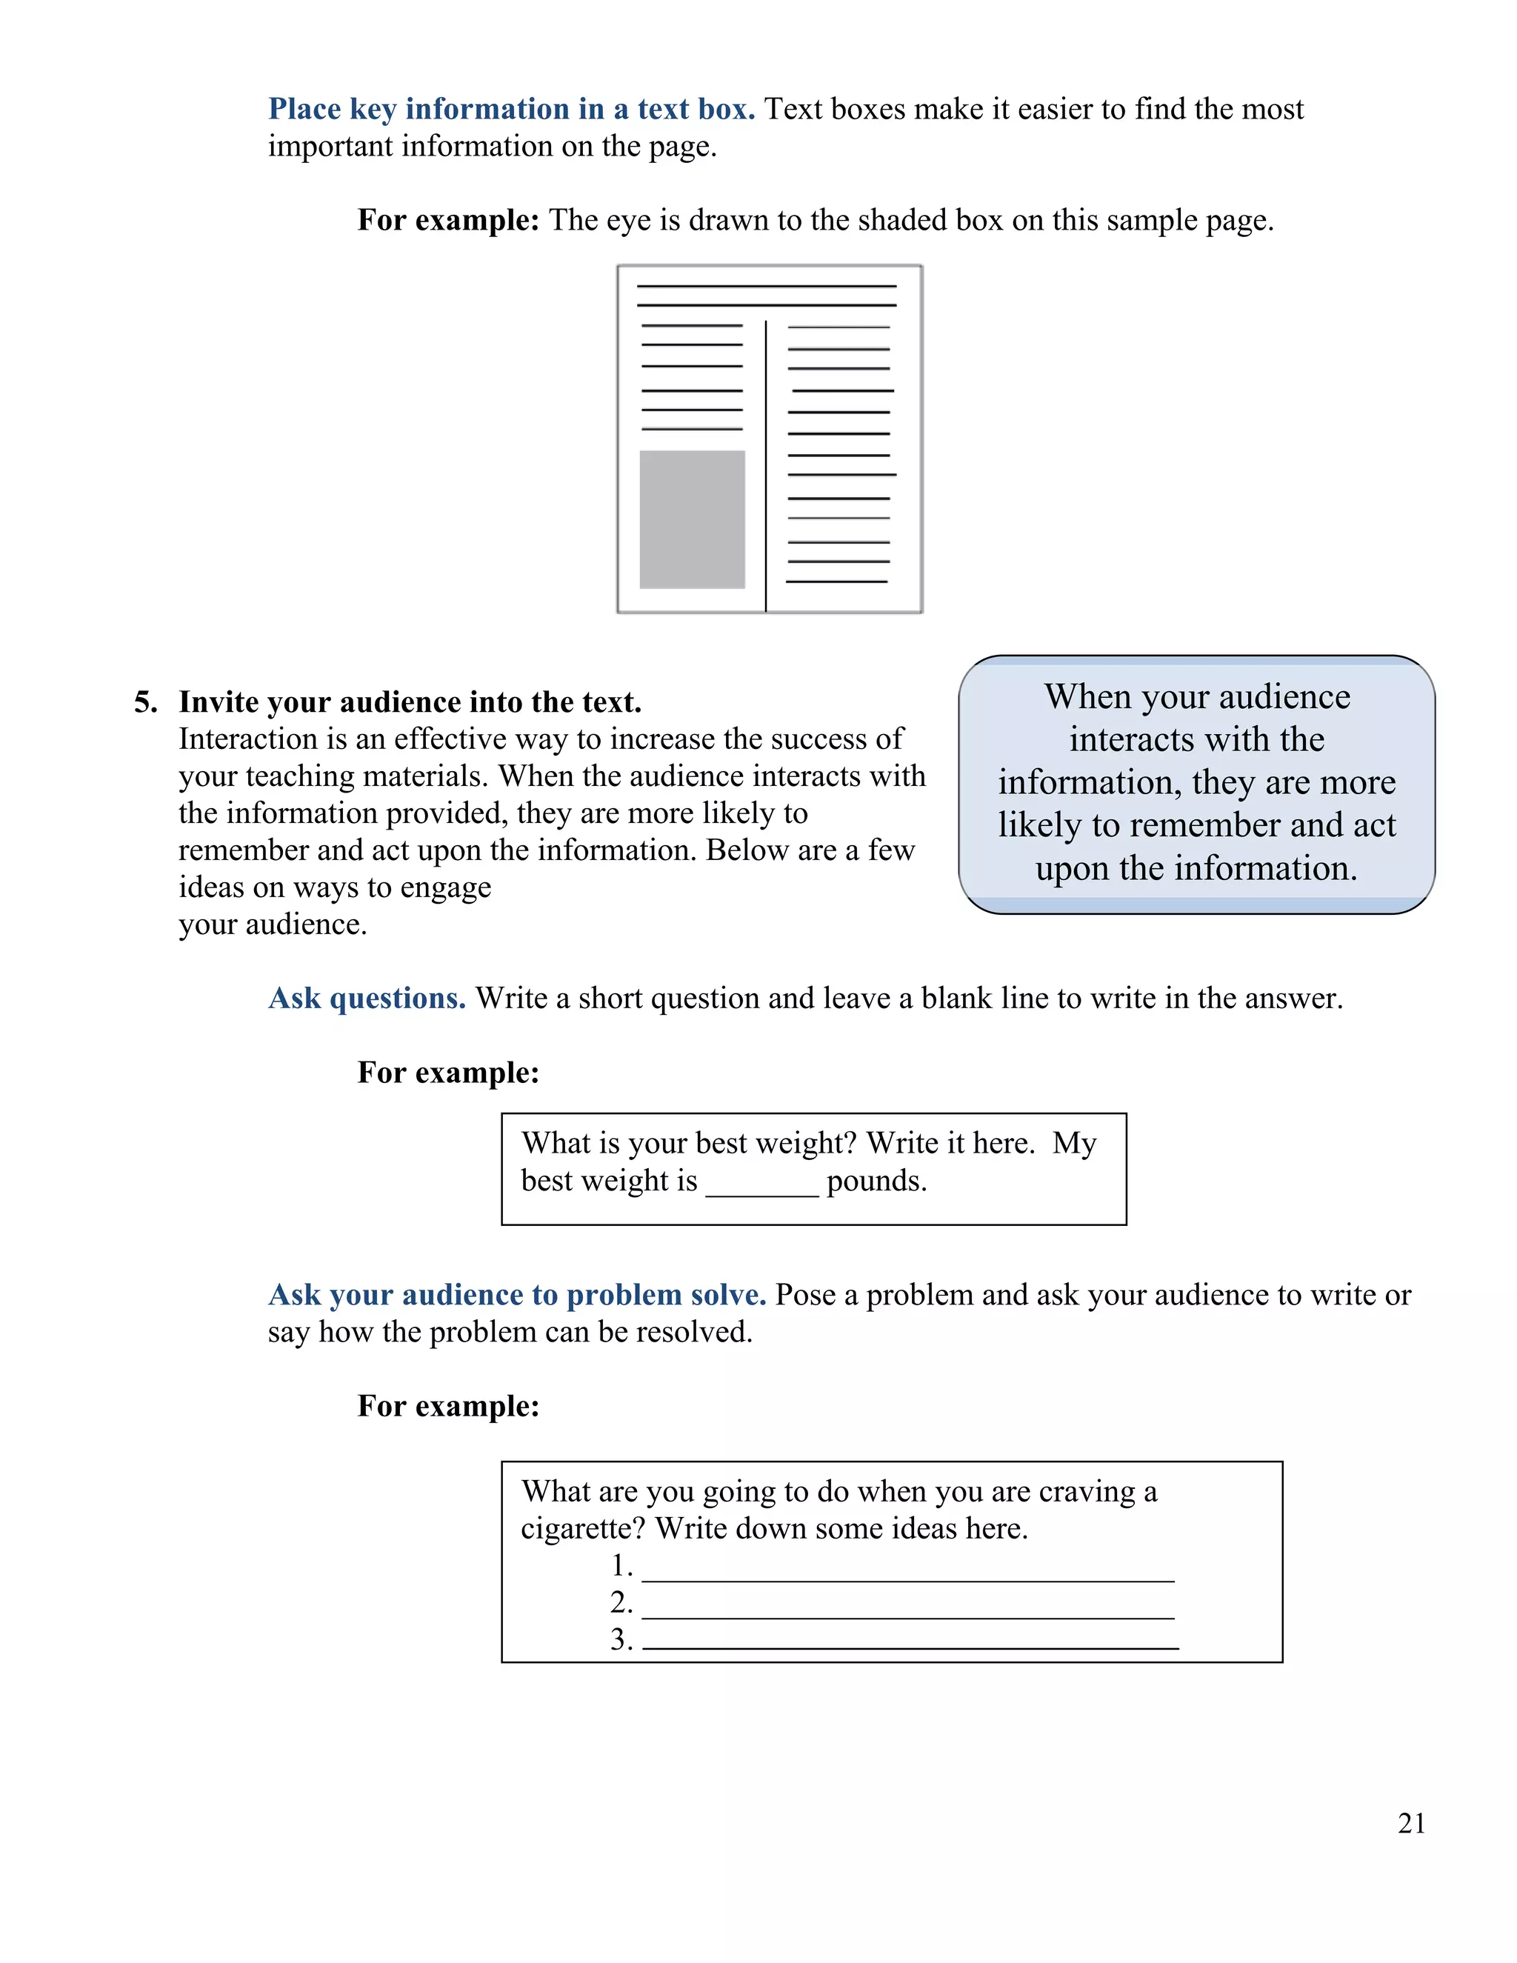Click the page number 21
(x=1411, y=1823)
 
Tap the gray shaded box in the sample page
(x=692, y=519)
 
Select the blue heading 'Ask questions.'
(x=367, y=999)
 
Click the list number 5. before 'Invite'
(x=146, y=702)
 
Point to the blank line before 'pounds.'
(x=762, y=1192)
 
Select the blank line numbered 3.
(x=910, y=1646)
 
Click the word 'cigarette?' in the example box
(x=583, y=1529)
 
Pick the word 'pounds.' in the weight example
(x=876, y=1181)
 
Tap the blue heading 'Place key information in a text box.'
(x=511, y=109)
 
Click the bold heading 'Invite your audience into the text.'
(x=410, y=702)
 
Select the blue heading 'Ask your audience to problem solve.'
(x=517, y=1295)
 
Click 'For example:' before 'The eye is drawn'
(x=447, y=220)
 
